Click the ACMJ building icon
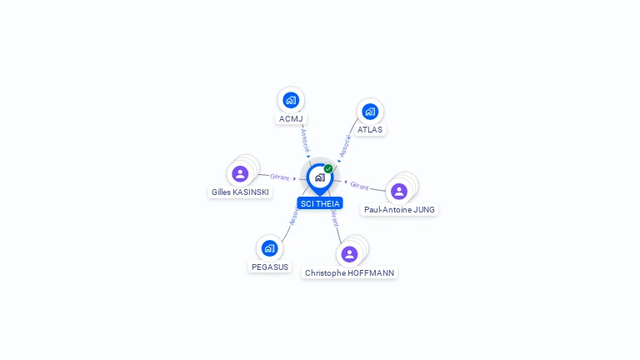(291, 100)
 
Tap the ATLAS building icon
(370, 112)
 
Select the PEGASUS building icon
(269, 248)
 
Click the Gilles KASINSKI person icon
(240, 174)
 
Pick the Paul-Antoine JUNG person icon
(399, 192)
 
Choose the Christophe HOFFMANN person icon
(349, 254)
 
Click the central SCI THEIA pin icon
(320, 179)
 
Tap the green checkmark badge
(328, 168)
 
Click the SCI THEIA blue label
(320, 203)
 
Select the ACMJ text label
(291, 119)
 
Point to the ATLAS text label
(370, 130)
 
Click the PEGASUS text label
(270, 267)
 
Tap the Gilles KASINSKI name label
(240, 192)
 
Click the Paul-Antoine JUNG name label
(399, 210)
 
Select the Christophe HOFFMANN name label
(349, 273)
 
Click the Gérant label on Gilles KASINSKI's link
(280, 177)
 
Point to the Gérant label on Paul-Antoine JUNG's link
(359, 186)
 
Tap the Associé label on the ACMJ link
(305, 140)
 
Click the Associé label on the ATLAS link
(345, 146)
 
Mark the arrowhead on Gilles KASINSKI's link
(295, 179)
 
